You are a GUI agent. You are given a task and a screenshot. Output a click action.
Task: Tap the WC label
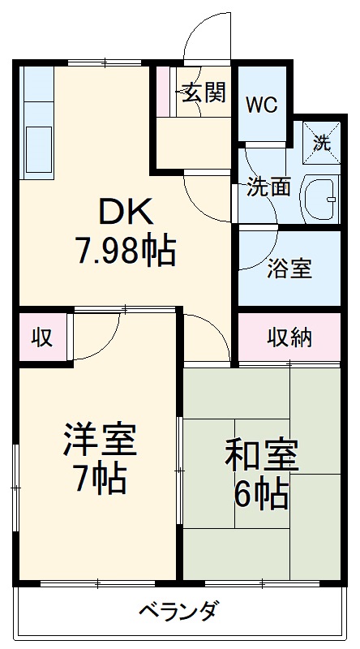tap(262, 105)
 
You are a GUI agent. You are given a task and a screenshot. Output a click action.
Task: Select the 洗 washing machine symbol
tap(322, 144)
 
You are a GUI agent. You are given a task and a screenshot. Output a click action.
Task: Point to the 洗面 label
tap(268, 187)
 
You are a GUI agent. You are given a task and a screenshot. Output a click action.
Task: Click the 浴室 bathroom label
tap(289, 269)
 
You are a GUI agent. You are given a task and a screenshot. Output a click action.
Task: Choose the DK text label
tap(125, 213)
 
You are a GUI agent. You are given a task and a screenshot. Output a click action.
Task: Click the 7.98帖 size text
tap(125, 251)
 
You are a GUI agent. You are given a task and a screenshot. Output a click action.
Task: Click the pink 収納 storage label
tap(289, 337)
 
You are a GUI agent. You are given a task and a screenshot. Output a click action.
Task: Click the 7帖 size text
tap(100, 479)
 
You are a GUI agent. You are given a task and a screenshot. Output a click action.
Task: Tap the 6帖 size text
tap(261, 493)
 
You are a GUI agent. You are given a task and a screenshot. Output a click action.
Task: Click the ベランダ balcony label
tap(177, 610)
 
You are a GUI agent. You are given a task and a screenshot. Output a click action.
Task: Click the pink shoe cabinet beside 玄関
tap(165, 92)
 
